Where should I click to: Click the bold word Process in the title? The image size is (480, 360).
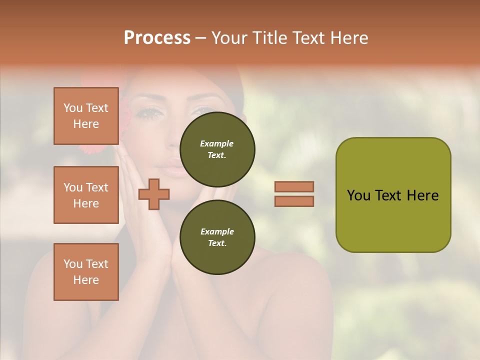157,38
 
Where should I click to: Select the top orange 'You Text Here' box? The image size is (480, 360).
86,116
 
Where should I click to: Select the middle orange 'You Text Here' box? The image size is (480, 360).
86,195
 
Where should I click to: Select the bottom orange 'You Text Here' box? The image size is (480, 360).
86,272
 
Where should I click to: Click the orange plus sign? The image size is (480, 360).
154,194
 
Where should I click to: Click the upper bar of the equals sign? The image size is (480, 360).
294,186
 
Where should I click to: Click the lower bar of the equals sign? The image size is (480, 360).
294,201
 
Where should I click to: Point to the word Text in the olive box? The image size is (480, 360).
388,195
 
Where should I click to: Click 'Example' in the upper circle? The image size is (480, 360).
217,143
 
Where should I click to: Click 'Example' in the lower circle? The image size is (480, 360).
217,231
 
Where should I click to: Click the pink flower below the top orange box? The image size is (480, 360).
90,149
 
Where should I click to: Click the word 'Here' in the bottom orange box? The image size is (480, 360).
86,280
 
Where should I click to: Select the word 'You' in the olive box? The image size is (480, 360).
358,195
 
